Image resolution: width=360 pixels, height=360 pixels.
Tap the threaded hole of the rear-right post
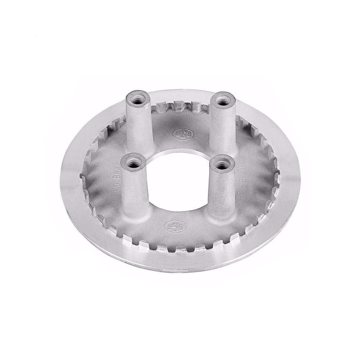click(222, 102)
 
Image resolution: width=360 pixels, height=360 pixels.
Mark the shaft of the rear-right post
click(222, 129)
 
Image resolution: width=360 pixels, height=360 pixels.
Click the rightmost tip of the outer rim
click(301, 180)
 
